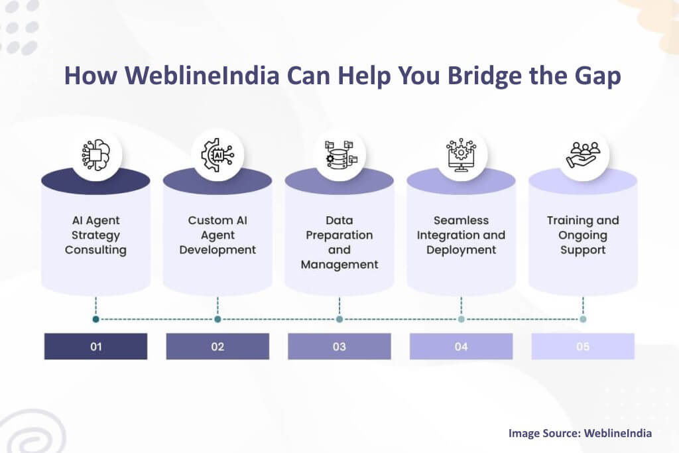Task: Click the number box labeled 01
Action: click(x=95, y=346)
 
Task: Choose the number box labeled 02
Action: click(x=217, y=346)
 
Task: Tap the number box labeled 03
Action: click(x=339, y=346)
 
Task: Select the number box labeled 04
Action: click(x=461, y=346)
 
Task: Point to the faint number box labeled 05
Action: click(x=583, y=346)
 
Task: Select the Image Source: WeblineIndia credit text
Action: click(x=580, y=433)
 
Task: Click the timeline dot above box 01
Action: click(x=96, y=319)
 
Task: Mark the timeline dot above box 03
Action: click(x=339, y=319)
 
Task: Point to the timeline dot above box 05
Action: click(x=583, y=319)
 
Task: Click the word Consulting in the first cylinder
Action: click(x=95, y=250)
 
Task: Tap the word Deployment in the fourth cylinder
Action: click(x=461, y=250)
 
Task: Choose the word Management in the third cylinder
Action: click(x=339, y=265)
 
